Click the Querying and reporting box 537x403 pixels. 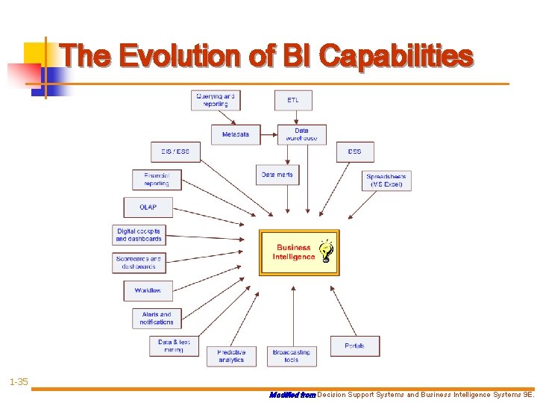[216, 100]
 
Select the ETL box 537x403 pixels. [293, 100]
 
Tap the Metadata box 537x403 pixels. [236, 135]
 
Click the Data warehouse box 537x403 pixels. [301, 134]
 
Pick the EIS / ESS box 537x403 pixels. [175, 151]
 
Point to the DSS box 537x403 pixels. [354, 151]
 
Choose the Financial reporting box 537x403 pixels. [157, 180]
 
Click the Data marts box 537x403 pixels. [277, 175]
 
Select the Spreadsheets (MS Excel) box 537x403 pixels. [386, 181]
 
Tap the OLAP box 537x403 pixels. [148, 207]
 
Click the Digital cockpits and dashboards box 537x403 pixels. [139, 235]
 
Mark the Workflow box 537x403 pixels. [148, 290]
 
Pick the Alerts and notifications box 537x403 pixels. [157, 318]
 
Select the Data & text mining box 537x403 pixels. [174, 346]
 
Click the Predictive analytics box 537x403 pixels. [231, 355]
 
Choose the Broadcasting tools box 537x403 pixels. [291, 355]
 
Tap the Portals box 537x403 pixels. [355, 346]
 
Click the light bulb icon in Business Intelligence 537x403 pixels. [326, 252]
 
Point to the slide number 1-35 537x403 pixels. [19, 382]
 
